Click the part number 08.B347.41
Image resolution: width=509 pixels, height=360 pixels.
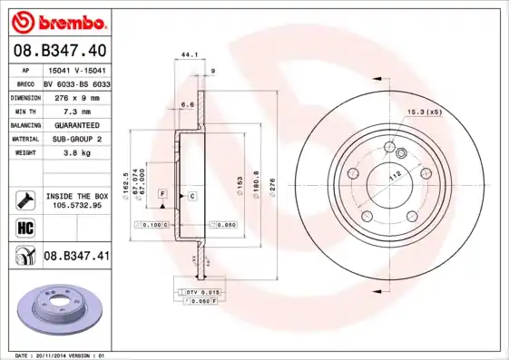click(76, 257)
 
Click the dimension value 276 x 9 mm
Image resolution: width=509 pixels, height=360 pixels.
click(76, 96)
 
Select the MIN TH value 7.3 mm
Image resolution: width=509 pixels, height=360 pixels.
click(76, 110)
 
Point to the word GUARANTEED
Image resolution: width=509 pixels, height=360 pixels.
click(76, 124)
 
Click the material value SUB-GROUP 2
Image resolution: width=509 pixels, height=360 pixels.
click(76, 139)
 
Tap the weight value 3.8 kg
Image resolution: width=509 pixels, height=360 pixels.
click(76, 153)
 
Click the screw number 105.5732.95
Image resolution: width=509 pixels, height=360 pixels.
click(76, 205)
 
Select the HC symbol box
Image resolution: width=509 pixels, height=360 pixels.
click(24, 227)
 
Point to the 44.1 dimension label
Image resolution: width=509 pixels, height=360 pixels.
click(189, 54)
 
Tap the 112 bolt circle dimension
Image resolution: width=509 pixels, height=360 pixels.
click(395, 177)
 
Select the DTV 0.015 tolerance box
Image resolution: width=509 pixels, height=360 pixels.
click(202, 292)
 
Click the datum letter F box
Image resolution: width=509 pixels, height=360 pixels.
click(162, 195)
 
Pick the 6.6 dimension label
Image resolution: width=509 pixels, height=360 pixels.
click(188, 104)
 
